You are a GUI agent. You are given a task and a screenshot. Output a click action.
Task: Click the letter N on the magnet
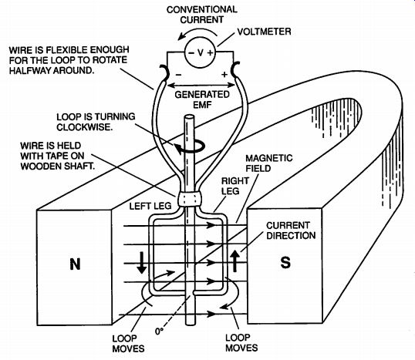click(x=75, y=264)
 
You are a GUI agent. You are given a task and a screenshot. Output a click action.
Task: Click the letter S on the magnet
click(x=285, y=263)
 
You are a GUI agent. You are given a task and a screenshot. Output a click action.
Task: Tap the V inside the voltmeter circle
click(x=201, y=52)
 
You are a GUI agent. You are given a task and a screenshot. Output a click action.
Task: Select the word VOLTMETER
click(x=264, y=32)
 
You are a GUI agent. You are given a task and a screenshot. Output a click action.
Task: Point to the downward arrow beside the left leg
click(x=142, y=262)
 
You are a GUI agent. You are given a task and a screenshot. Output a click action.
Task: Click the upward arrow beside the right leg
click(x=234, y=261)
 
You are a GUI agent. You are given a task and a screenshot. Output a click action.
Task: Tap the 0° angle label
click(x=159, y=331)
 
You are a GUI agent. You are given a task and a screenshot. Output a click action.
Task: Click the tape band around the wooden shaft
click(x=189, y=198)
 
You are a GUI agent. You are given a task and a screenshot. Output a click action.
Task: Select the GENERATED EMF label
click(x=202, y=99)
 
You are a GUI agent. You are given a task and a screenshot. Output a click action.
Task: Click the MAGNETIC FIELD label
click(x=269, y=163)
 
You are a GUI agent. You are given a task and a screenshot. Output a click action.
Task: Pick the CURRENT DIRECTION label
click(x=291, y=230)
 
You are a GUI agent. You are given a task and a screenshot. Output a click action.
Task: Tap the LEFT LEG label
click(x=150, y=206)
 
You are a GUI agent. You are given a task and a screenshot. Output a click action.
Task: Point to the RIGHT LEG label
click(x=235, y=186)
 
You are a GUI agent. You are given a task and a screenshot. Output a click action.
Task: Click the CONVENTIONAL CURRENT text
click(x=201, y=15)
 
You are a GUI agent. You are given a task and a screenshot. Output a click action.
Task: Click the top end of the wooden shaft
click(x=190, y=117)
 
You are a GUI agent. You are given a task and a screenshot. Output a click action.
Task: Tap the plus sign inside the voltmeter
click(x=210, y=53)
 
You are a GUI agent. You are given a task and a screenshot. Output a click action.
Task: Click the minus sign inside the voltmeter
click(x=191, y=52)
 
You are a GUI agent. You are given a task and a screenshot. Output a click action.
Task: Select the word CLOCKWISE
click(x=85, y=127)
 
